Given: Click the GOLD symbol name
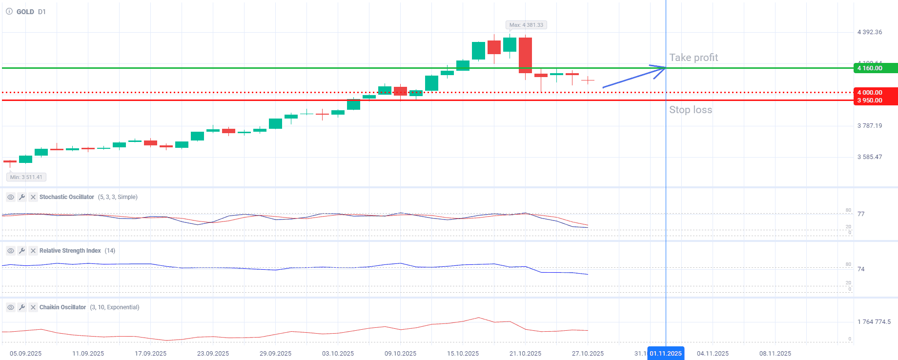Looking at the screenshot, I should pos(25,12).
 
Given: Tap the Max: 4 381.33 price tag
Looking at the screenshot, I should pos(526,25).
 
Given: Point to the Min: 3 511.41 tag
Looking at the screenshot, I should pos(26,177).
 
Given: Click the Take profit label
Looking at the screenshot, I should pos(694,58).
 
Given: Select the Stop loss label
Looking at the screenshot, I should pos(691,110).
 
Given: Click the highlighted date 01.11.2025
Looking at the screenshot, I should pos(666,353).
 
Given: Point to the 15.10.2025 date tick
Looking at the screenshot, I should pos(463,353).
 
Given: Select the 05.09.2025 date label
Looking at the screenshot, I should pos(25,353).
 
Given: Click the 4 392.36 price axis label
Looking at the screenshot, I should pos(870,32).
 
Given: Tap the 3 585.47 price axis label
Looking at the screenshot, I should pos(870,157).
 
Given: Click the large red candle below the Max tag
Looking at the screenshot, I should pos(525,55).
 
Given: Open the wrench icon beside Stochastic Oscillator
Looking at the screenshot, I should pos(22,197).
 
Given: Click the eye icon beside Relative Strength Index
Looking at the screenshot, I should pos(10,251).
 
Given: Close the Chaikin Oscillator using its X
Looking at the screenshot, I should pos(33,307).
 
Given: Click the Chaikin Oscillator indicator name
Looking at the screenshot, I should pos(62,307).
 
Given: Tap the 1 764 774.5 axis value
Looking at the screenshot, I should pos(874,322).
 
